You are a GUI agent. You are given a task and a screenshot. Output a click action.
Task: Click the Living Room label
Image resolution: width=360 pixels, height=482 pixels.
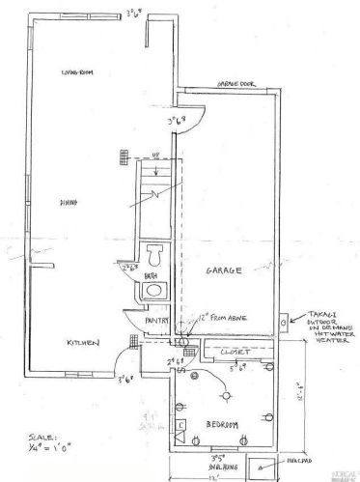(76, 73)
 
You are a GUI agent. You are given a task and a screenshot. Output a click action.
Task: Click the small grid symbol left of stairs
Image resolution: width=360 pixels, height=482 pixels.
(124, 157)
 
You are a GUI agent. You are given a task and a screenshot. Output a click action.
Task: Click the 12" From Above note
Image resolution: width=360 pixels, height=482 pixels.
(208, 332)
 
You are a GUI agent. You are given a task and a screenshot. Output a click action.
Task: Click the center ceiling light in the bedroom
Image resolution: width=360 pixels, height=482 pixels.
(228, 393)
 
